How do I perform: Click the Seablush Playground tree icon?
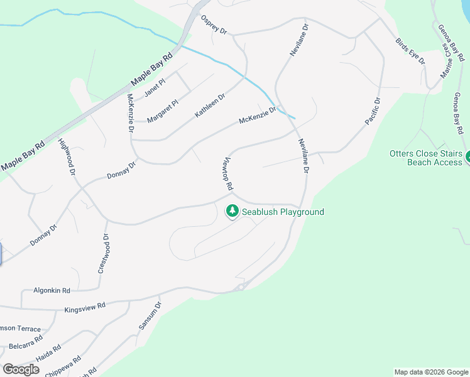point(232,211)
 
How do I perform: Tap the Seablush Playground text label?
point(283,212)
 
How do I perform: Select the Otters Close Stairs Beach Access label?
point(425,158)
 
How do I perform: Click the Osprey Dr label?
point(214,25)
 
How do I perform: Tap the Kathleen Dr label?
point(210,106)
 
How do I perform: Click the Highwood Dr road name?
point(67,156)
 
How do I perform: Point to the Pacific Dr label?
point(373,111)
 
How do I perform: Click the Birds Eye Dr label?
point(410,50)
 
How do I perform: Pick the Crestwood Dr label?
point(103,254)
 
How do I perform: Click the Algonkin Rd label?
point(53,291)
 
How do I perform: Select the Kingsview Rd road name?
point(85,307)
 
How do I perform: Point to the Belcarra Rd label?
point(26,342)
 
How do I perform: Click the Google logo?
point(21,369)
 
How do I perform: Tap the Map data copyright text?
point(431,372)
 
